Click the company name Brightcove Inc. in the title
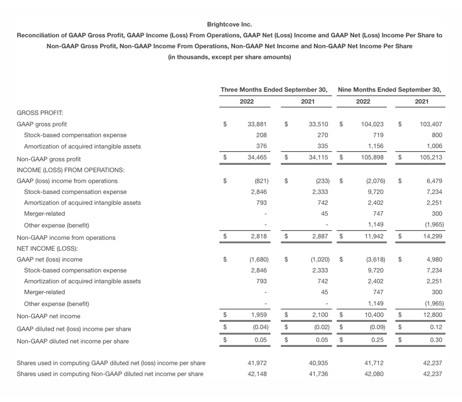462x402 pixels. tap(229, 25)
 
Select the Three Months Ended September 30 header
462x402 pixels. tap(274, 90)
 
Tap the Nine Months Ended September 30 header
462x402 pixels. tap(389, 90)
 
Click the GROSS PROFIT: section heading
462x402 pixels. tap(37, 113)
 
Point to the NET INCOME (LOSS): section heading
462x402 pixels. tap(45, 248)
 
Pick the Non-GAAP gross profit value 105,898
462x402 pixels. tap(372, 157)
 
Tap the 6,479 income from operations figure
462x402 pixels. tap(433, 181)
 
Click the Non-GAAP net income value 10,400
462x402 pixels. tap(374, 315)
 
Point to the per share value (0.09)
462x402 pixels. tap(377, 327)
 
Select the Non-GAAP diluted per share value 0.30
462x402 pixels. tap(435, 340)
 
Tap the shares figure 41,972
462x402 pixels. tap(258, 363)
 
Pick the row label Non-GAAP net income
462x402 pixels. tap(48, 316)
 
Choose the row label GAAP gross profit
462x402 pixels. tap(42, 124)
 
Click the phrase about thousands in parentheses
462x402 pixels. tap(229, 57)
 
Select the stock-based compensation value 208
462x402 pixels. tap(262, 135)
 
